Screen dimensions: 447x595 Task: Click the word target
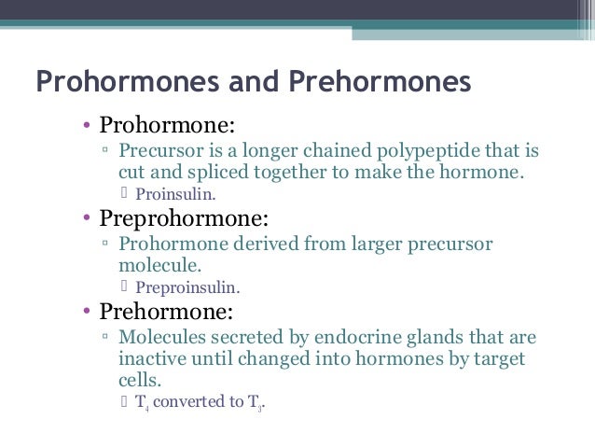coord(501,358)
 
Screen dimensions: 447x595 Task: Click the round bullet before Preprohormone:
coord(85,220)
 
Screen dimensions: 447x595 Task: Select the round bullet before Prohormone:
coord(85,126)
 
